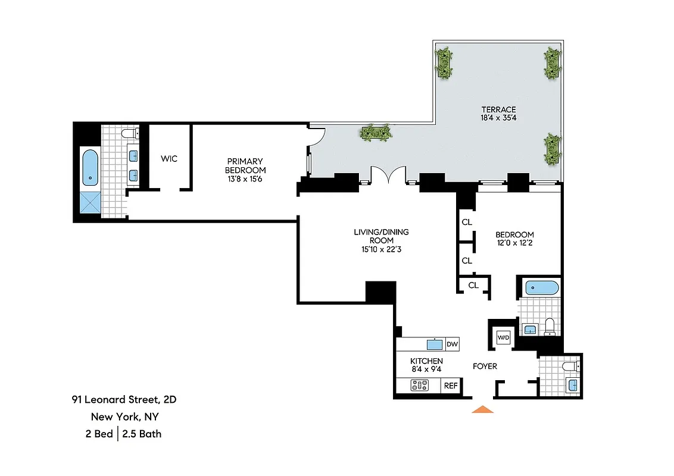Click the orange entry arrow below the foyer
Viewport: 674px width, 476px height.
coord(483,409)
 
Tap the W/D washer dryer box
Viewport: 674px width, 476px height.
coord(504,338)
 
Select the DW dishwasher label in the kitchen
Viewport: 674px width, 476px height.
coord(452,344)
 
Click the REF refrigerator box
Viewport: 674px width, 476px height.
coord(450,386)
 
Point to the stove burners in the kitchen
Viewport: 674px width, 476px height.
coord(420,386)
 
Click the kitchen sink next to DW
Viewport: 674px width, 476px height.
coord(434,344)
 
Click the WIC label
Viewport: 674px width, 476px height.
coord(169,159)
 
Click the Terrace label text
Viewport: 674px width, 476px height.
coord(498,109)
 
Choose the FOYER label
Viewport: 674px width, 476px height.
coord(485,367)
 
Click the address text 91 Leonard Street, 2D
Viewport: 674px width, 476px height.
coord(124,399)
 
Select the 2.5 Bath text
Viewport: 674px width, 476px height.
coord(142,434)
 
